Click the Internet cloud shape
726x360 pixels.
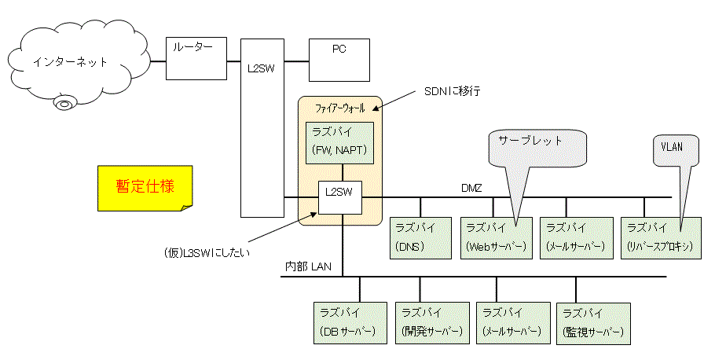[x=70, y=61]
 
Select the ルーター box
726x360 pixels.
[x=196, y=57]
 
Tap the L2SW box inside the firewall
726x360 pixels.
[x=339, y=197]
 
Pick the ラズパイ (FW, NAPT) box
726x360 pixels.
[x=339, y=141]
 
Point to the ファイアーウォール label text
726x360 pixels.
[x=339, y=107]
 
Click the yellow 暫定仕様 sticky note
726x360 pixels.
[x=145, y=187]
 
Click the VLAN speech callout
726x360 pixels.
[x=675, y=148]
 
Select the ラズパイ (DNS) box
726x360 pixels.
[x=420, y=237]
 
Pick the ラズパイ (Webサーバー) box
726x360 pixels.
[x=497, y=237]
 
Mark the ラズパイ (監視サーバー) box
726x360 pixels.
[x=593, y=323]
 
